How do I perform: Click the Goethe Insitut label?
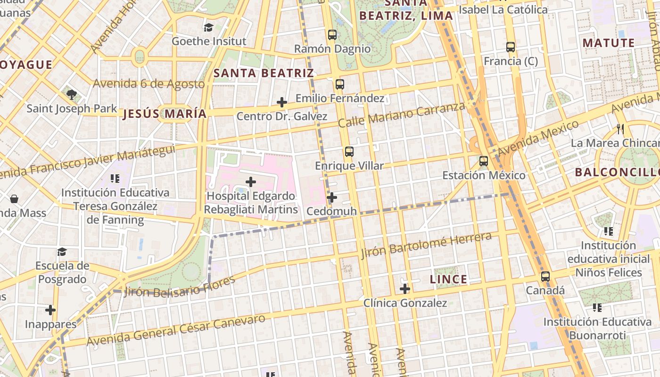click(x=208, y=41)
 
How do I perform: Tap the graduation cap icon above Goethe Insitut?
click(x=208, y=27)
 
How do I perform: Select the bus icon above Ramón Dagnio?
click(x=332, y=34)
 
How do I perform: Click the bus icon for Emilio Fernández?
click(x=339, y=84)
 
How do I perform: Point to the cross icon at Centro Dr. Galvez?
click(x=282, y=102)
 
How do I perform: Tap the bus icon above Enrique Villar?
click(x=349, y=152)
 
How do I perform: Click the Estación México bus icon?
click(x=484, y=161)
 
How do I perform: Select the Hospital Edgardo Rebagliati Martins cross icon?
click(x=251, y=182)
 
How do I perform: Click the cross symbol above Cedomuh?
click(x=332, y=197)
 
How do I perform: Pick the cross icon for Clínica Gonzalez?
click(x=405, y=289)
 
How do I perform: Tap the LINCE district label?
click(x=448, y=279)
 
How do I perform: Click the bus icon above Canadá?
click(x=545, y=277)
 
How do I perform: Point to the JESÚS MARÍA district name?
click(x=165, y=114)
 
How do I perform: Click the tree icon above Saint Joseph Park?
click(x=72, y=95)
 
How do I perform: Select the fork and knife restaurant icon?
click(x=620, y=129)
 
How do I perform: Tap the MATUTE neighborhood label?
click(x=609, y=43)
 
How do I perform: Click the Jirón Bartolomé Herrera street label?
click(x=426, y=246)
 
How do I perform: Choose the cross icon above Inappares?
click(x=50, y=310)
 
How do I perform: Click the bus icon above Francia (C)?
click(x=511, y=47)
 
